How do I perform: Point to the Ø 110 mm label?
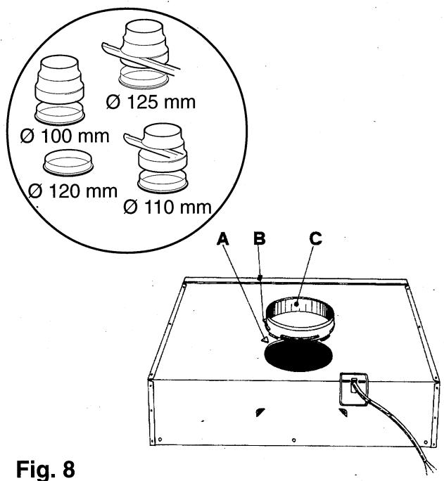(167, 209)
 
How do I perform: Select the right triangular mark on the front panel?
(343, 412)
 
